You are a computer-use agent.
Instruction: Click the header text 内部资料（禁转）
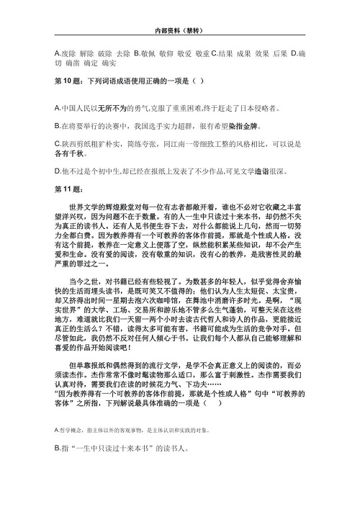180,31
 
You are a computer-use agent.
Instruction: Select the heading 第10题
67,81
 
